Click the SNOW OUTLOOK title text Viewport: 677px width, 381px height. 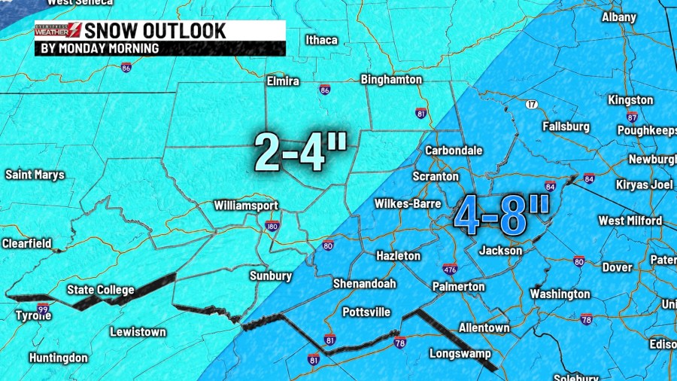point(154,31)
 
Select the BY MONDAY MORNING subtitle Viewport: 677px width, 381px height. point(99,48)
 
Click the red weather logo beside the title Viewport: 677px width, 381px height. point(59,31)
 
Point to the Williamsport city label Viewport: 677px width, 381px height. point(246,206)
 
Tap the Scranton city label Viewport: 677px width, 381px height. point(436,176)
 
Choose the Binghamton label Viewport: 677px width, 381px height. point(391,79)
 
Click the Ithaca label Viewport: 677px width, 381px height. point(321,40)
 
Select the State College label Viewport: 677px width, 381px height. point(101,290)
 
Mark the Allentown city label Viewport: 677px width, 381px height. point(484,328)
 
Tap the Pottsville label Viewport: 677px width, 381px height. point(366,312)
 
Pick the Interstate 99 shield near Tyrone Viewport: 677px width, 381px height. point(43,309)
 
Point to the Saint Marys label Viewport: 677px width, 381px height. point(35,175)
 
